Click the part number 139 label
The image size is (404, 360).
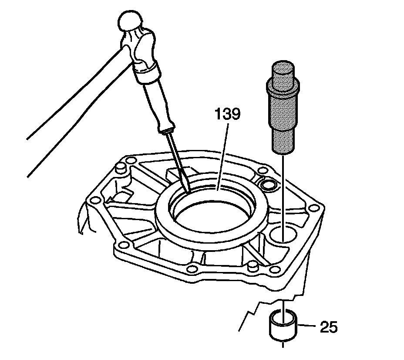226,115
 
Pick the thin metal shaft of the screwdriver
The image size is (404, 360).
177,161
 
